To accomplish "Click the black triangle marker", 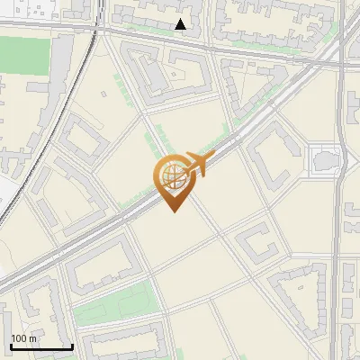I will pos(181,24).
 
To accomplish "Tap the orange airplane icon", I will pos(197,164).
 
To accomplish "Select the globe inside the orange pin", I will pos(173,175).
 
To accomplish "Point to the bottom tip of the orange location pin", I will pos(174,211).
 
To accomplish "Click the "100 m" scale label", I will pos(24,338).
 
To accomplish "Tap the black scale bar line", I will pos(41,346).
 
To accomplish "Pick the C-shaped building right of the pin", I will pos(256,242).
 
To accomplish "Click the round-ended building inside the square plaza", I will pos(327,160).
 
